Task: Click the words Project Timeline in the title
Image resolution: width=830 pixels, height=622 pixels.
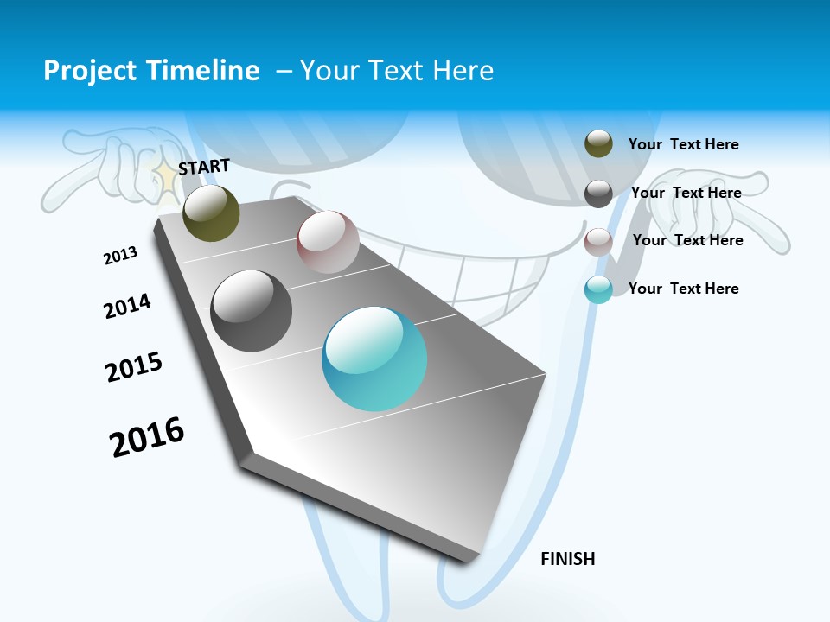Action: (151, 71)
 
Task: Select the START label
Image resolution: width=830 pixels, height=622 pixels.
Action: (204, 167)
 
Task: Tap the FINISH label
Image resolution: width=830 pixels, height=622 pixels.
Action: (568, 559)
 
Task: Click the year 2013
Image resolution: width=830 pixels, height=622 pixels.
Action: (120, 256)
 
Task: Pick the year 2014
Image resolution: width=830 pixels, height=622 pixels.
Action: (127, 306)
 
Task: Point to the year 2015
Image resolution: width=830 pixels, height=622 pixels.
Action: (134, 367)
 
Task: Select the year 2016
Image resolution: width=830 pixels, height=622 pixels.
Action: (147, 436)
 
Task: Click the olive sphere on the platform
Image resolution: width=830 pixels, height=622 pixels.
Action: (211, 213)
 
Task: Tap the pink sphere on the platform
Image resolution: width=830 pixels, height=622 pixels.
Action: (328, 242)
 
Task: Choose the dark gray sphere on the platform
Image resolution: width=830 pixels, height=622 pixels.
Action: (251, 311)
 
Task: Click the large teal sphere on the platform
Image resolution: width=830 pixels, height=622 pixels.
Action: (374, 359)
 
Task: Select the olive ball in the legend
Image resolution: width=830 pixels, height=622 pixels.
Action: (598, 143)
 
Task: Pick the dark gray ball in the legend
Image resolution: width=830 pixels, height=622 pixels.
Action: (598, 194)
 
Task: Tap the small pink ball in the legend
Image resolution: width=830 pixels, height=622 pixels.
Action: (598, 242)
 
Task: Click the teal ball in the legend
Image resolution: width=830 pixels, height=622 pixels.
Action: (598, 289)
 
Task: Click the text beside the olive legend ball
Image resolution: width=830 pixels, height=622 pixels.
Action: (683, 144)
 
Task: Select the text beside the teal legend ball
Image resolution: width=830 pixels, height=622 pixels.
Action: (683, 289)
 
